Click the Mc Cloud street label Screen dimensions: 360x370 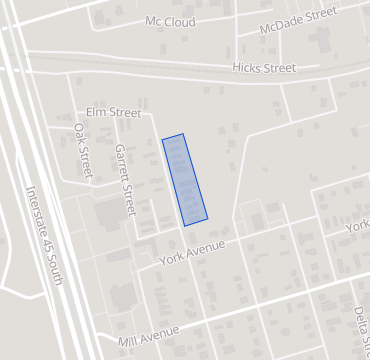click(170, 21)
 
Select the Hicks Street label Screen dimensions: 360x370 click(264, 67)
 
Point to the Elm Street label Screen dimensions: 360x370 click(114, 113)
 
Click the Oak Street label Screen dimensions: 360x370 click(84, 152)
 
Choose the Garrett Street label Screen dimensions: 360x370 click(124, 179)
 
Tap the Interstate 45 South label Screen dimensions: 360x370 click(44, 234)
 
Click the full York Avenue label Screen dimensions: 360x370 click(193, 252)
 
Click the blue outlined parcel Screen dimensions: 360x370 click(185, 178)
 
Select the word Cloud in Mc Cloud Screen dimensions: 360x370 click(180, 21)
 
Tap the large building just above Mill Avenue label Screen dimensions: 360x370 click(123, 297)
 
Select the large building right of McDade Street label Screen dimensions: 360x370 click(322, 41)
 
